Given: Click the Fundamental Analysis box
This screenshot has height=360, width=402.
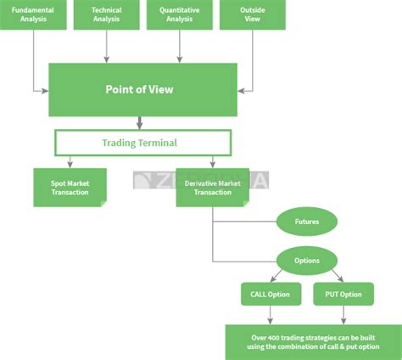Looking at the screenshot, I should [34, 14].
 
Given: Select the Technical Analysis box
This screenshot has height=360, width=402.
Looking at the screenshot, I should [107, 14].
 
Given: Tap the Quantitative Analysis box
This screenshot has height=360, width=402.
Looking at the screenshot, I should [179, 14].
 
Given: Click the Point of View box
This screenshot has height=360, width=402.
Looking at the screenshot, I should [140, 89].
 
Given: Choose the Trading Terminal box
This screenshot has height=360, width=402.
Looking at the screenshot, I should [140, 143].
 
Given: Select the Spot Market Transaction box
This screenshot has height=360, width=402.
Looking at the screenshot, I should [70, 187].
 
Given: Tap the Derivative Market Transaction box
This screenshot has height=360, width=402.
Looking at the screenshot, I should [211, 187].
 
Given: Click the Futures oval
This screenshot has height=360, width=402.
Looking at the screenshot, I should [307, 222].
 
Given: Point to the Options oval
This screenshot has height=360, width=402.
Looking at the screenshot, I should [307, 261].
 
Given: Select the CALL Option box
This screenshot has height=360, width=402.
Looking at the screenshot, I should [271, 295].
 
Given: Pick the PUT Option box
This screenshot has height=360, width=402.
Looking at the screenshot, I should [343, 295].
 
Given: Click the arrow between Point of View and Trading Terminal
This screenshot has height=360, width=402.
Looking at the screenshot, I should [140, 122].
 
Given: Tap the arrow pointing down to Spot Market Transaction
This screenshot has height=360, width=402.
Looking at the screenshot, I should [70, 161].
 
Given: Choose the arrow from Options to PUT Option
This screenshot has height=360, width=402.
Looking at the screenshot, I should [338, 276].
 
